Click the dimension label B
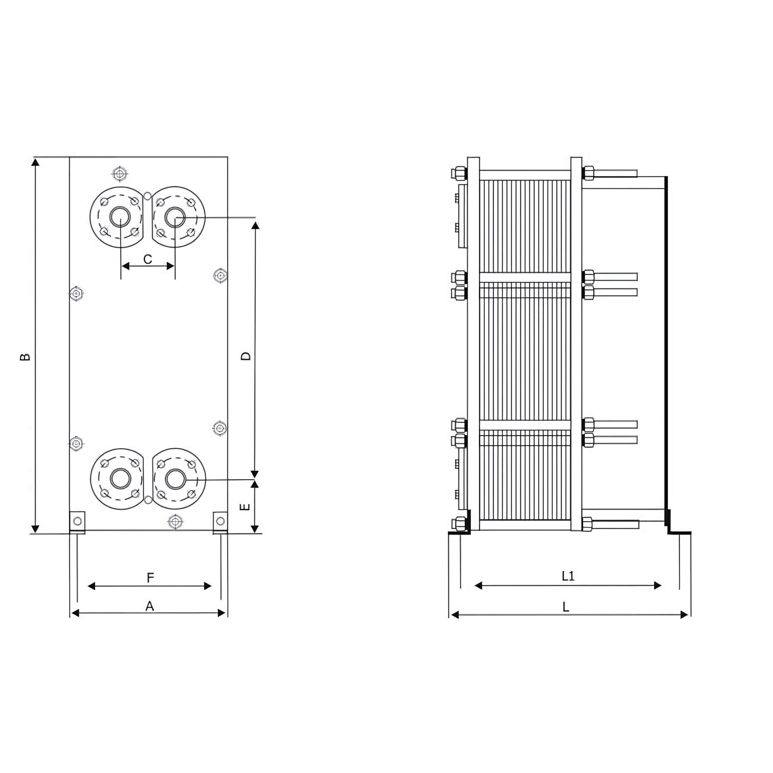pos(25,356)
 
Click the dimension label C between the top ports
pos(148,259)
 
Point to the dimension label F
pos(150,578)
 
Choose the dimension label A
pos(150,607)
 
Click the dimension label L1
pos(568,576)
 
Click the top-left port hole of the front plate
pos(120,217)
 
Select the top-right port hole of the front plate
pos(175,217)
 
